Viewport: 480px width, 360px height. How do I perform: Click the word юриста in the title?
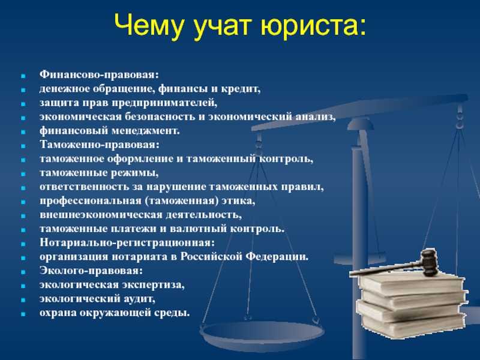[x=313, y=26]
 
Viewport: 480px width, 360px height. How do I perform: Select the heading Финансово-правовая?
[x=99, y=74]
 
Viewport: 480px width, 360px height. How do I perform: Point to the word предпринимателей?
[x=164, y=103]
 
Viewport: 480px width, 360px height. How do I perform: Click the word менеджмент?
[x=145, y=131]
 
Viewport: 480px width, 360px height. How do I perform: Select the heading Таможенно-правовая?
[x=100, y=145]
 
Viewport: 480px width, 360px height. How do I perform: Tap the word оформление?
[x=139, y=159]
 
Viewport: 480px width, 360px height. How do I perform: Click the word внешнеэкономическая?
[x=101, y=215]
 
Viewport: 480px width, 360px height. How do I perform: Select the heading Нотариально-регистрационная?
[x=127, y=243]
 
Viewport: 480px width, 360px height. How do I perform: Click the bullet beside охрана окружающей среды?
[x=23, y=314]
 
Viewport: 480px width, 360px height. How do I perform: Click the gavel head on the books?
[x=428, y=263]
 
